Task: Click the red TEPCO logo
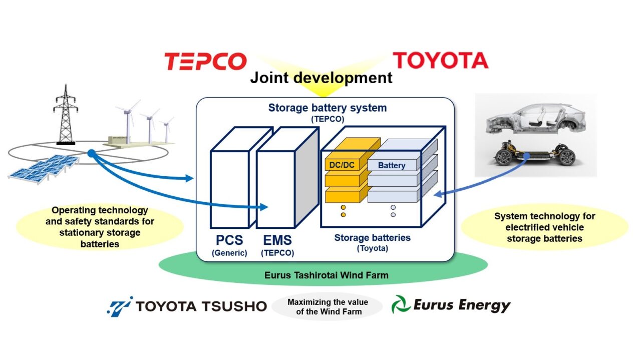205,62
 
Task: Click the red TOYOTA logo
440,61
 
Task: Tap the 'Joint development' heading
321,78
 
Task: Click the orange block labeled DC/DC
342,165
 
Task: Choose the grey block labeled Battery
392,165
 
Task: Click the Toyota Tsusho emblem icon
120,305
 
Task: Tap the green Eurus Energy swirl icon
401,304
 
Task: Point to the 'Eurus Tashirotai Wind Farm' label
326,275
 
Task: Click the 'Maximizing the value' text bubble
328,307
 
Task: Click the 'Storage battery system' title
327,108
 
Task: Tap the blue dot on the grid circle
91,154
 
